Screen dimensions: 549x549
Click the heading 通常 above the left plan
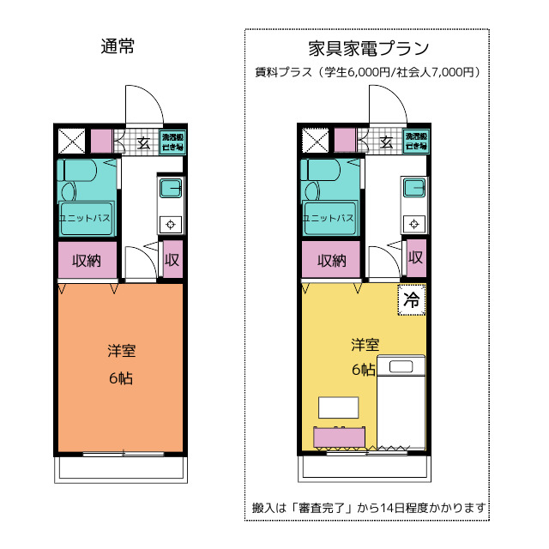coord(117,46)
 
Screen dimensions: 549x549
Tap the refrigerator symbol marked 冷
coord(412,300)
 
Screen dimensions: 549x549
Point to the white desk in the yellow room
coord(338,407)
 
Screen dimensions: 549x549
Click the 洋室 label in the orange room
coord(120,351)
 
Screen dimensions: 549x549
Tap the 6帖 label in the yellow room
coord(364,371)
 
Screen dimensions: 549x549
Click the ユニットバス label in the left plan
coord(84,219)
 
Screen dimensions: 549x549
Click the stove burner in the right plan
coord(415,224)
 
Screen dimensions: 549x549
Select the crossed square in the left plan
coord(71,142)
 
